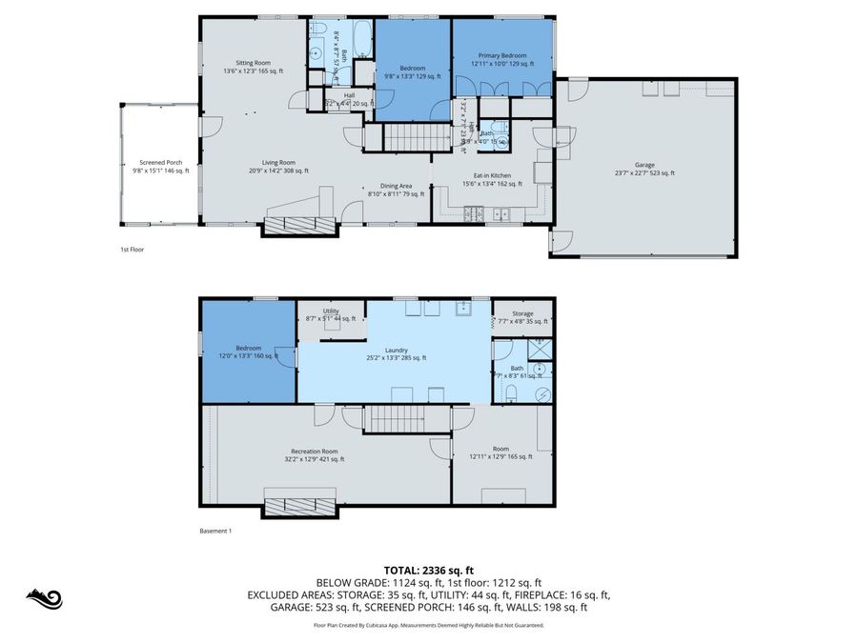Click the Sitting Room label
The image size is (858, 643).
tap(240, 67)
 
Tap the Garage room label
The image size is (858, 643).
tap(644, 169)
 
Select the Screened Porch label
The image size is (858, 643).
tap(159, 167)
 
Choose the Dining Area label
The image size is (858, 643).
tap(389, 190)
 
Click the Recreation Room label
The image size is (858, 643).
tap(314, 454)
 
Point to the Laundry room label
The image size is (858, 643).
tap(396, 353)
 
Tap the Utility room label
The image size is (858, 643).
tap(331, 314)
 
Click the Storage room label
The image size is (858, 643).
tap(521, 316)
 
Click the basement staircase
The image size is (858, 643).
tap(396, 417)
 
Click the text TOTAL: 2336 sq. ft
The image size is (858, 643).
tap(429, 569)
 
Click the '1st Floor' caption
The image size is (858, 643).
tap(131, 250)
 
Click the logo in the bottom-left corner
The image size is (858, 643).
tap(43, 598)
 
